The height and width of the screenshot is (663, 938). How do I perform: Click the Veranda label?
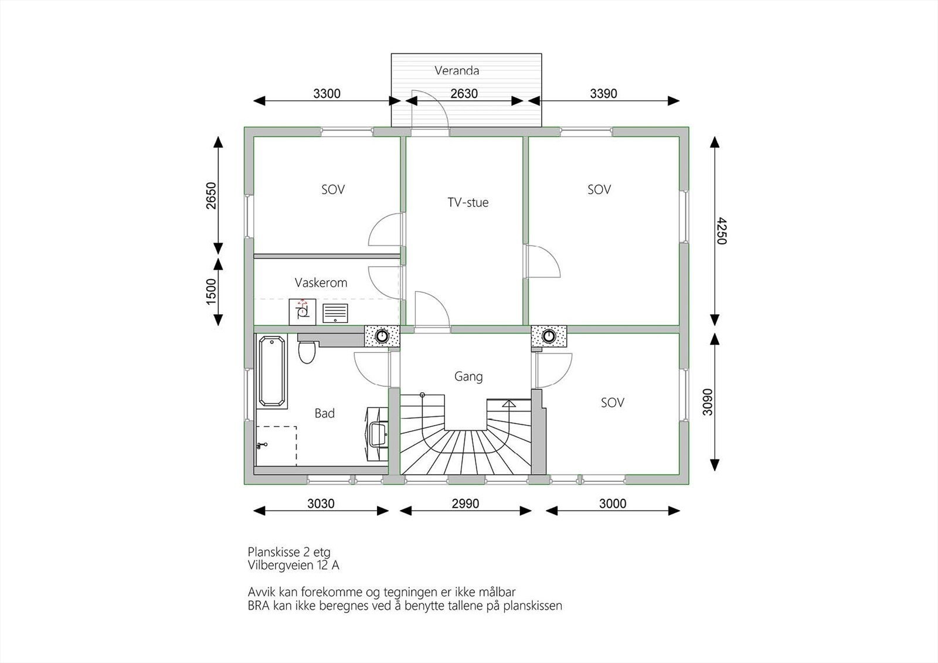(x=457, y=70)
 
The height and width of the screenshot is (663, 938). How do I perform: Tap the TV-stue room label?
(x=468, y=203)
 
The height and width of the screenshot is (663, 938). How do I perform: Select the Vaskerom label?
(x=321, y=283)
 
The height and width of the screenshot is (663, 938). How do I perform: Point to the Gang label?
(x=468, y=376)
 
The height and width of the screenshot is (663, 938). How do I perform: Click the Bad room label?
(x=325, y=413)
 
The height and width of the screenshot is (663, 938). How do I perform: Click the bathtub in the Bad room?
(x=272, y=372)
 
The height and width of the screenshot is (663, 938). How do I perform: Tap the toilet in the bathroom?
(x=307, y=351)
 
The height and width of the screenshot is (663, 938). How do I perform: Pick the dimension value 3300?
(x=327, y=93)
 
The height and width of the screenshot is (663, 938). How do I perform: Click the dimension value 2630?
(x=464, y=93)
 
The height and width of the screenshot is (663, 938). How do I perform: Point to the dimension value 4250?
(x=722, y=231)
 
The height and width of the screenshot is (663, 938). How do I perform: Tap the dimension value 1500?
(x=212, y=291)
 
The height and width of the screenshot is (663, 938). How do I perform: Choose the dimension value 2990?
(x=465, y=503)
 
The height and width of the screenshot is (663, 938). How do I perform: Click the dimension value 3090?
(x=707, y=402)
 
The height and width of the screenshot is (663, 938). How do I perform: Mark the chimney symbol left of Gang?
(x=382, y=336)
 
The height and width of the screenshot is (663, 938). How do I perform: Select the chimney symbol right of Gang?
(x=549, y=336)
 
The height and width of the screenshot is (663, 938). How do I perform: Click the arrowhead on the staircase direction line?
(x=509, y=403)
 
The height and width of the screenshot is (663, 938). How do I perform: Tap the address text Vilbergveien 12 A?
(x=293, y=566)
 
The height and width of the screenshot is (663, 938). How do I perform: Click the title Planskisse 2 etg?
(x=289, y=552)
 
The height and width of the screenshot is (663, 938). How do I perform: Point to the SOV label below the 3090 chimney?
(x=612, y=403)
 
